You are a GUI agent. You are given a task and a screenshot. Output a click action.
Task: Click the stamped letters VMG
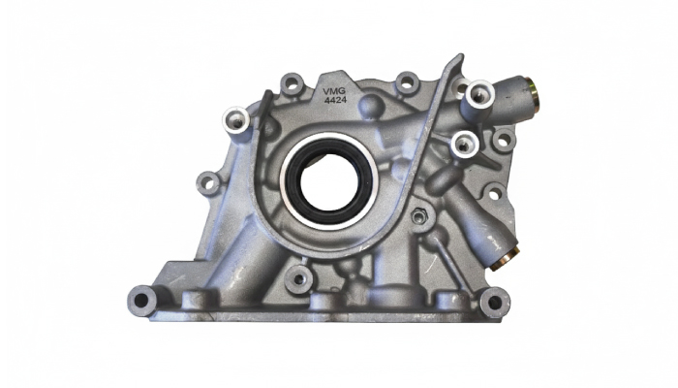coord(334,92)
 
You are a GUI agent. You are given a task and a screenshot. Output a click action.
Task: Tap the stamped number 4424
coord(335,101)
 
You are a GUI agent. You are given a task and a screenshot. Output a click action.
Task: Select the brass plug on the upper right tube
coord(534,92)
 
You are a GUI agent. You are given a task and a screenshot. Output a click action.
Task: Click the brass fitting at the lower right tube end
coord(505,259)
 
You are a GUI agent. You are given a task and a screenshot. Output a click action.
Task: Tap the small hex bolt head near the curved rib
coord(418,215)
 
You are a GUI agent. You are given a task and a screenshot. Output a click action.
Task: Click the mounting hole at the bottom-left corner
coord(141,300)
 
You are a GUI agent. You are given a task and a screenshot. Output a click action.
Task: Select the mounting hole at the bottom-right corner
coord(495,302)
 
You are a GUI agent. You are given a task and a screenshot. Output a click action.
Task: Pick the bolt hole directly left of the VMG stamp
coord(292,83)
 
